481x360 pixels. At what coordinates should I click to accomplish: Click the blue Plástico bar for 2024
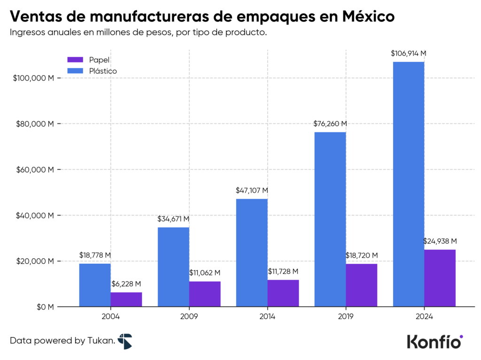(x=409, y=184)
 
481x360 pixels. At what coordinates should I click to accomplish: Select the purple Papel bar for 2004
(x=126, y=299)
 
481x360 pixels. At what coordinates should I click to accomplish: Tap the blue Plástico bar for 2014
(x=252, y=253)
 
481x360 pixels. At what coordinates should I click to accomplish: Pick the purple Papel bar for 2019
(x=361, y=285)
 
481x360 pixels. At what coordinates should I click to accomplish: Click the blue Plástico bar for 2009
(x=173, y=267)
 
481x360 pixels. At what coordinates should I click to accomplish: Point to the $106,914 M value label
(x=409, y=54)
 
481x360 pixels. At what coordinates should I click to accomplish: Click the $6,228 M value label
(x=126, y=284)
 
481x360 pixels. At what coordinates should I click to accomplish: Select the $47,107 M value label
(x=252, y=191)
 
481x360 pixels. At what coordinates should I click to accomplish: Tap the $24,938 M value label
(x=440, y=241)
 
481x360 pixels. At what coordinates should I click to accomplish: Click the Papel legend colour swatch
(x=75, y=60)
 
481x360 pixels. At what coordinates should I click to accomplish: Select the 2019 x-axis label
(x=346, y=317)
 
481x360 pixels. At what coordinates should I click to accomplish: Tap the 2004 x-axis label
(x=110, y=317)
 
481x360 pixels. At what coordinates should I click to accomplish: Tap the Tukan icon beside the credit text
(x=125, y=341)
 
